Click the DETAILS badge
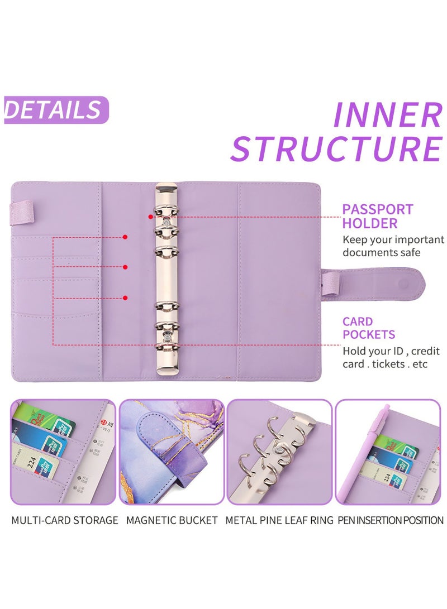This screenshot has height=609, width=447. [x=54, y=110]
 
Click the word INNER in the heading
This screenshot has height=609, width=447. [x=388, y=115]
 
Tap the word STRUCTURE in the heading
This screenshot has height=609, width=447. [x=337, y=148]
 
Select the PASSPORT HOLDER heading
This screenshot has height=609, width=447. [x=378, y=217]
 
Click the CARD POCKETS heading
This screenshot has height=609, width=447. [x=369, y=328]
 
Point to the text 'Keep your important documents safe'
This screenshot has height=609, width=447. [x=393, y=246]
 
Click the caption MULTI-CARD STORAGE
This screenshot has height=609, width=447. [x=65, y=520]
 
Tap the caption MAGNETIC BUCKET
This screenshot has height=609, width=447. [x=172, y=520]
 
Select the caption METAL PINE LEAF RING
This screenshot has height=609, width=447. [x=279, y=520]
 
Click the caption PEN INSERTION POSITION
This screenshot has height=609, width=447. [x=391, y=520]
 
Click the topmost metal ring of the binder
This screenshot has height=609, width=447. [x=165, y=214]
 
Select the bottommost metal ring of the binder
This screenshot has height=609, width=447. [x=165, y=347]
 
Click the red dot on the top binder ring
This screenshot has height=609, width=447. [x=151, y=216]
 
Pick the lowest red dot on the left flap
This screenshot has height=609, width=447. [x=125, y=298]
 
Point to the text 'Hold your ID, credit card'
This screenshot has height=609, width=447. [x=391, y=357]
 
